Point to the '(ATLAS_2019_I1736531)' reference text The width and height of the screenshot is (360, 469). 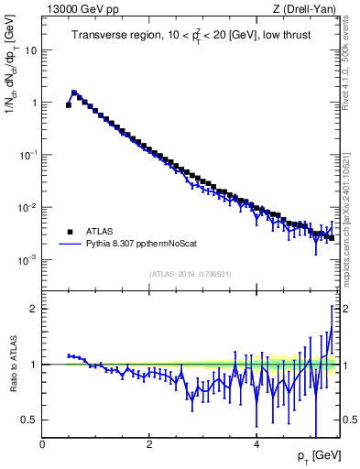coord(191,274)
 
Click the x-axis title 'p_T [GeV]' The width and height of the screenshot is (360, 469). coord(313,455)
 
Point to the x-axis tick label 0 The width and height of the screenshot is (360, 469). coord(43,444)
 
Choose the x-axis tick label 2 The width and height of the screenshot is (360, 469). coord(149,444)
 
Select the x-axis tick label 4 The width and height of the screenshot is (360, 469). coord(256,444)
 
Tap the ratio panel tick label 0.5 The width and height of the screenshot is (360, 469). coord(28,420)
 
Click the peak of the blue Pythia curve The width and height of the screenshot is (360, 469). coord(74,92)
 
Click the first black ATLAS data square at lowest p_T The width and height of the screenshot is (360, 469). coord(69,105)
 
